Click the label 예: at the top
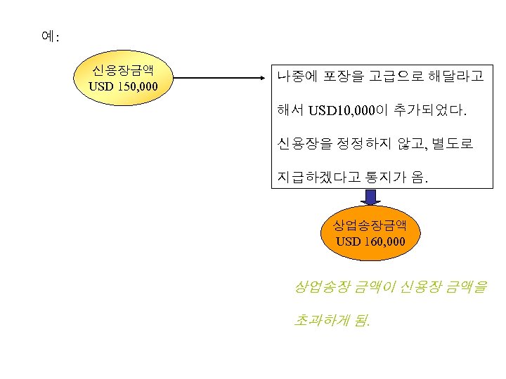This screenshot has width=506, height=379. coord(51,36)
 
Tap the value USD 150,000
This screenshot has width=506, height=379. coord(123,87)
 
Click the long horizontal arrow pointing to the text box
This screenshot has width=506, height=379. coord(218,77)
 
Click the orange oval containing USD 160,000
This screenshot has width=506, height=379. coord(370,234)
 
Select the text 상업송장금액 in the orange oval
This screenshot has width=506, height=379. coord(370,225)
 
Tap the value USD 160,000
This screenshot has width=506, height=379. coord(370,242)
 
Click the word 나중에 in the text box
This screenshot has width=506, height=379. coord(299,76)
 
